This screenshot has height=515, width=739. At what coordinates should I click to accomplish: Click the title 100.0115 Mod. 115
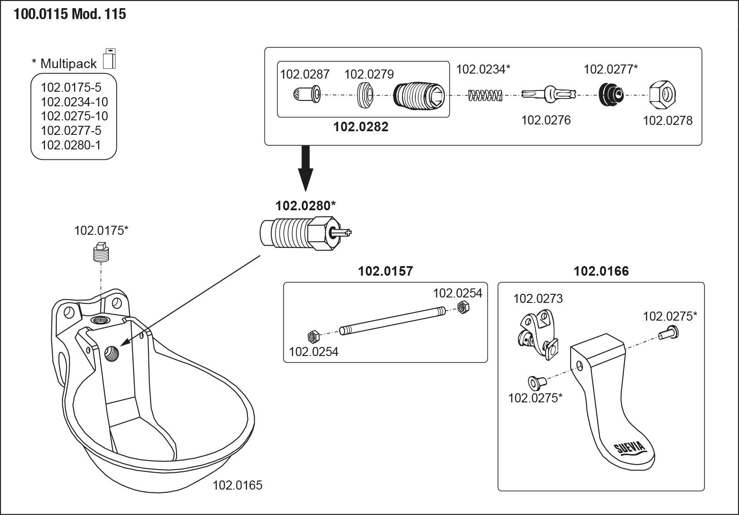[70, 15]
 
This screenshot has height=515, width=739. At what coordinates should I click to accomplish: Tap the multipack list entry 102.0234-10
[74, 102]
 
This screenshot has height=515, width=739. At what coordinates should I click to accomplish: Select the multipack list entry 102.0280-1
[71, 145]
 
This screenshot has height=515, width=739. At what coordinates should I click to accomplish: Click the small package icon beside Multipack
[110, 58]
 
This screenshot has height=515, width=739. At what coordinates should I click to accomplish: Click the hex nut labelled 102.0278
[662, 95]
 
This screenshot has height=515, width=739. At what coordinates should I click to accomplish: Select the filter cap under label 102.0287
[306, 94]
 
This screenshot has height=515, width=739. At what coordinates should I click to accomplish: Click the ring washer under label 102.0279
[365, 95]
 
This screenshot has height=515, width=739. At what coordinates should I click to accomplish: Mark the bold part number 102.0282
[361, 127]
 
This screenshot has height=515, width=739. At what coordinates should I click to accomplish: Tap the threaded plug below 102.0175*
[101, 253]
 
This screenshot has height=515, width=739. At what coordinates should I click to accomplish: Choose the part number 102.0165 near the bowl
[237, 485]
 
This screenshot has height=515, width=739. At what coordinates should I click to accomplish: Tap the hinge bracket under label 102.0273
[537, 333]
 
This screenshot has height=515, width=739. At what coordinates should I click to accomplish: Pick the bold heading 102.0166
[601, 272]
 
